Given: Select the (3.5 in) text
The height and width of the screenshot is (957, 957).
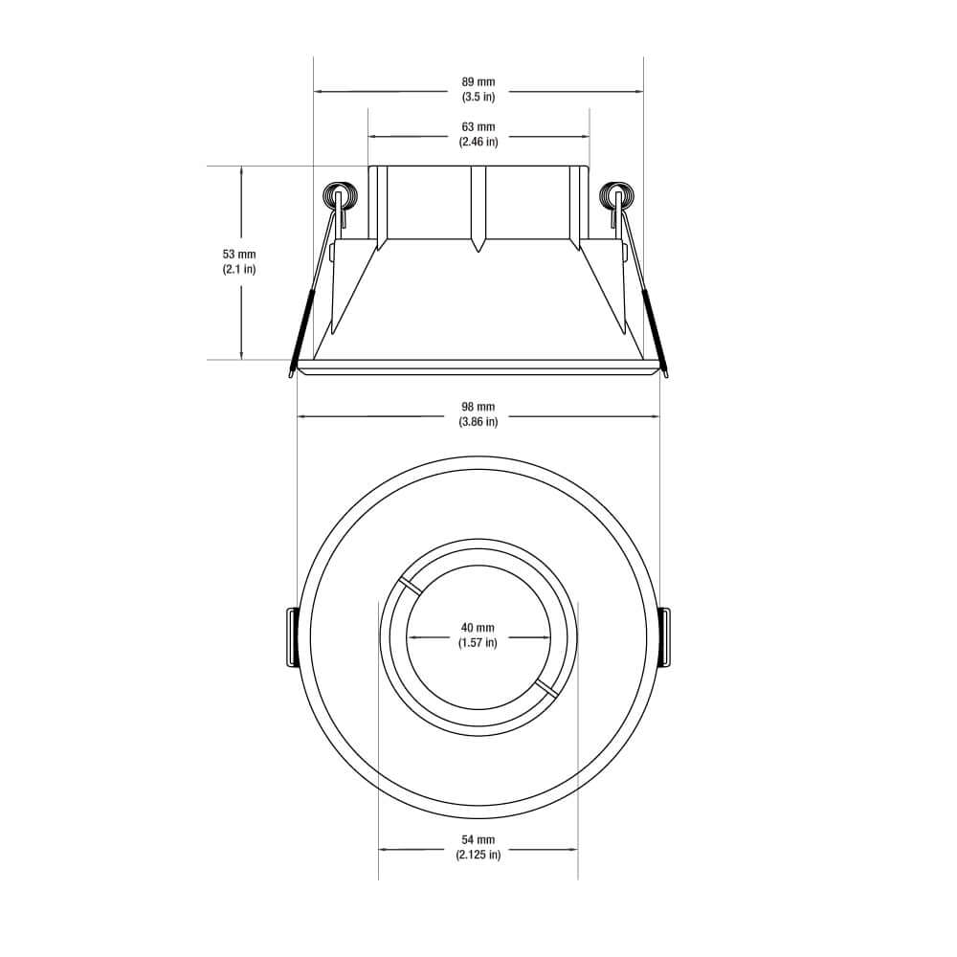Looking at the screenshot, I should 478,98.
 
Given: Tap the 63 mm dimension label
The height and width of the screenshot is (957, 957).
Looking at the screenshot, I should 478,127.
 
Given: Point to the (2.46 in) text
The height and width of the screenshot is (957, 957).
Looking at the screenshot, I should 478,142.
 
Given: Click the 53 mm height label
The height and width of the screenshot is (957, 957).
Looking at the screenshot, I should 239,255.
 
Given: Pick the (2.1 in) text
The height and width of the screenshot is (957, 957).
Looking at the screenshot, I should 239,269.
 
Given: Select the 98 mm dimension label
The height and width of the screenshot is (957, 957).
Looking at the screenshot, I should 478,408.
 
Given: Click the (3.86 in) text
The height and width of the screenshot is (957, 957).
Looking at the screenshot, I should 478,422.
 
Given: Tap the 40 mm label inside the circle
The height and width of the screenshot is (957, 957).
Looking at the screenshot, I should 478,629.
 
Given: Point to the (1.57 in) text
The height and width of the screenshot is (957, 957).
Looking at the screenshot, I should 478,643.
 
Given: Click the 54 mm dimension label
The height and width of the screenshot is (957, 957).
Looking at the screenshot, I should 478,840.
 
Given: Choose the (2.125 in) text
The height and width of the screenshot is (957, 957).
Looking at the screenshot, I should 478,855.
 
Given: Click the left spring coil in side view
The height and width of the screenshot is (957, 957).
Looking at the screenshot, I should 338,196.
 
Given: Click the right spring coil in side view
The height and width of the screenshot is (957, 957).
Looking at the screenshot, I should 615,196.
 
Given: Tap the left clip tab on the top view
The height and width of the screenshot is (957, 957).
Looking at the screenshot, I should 291,637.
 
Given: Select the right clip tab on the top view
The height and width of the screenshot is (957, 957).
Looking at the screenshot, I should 666,637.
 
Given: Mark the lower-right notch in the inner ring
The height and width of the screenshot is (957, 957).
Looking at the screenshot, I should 547,688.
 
